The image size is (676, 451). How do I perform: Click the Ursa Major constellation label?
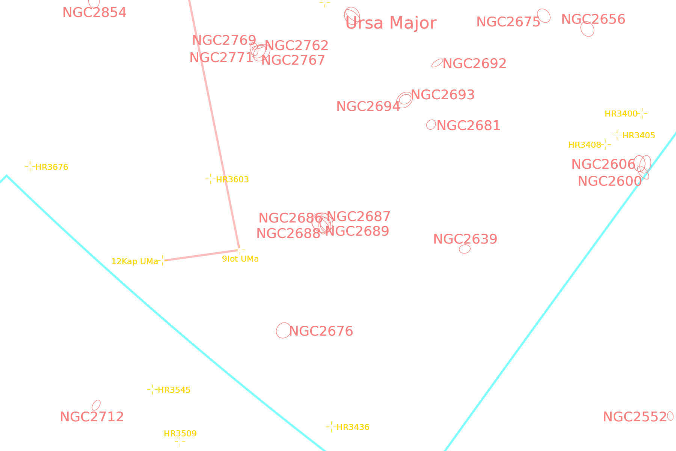pyautogui.click(x=391, y=23)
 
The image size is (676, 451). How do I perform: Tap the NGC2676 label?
pyautogui.click(x=321, y=331)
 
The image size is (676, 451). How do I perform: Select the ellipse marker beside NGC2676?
pyautogui.click(x=284, y=330)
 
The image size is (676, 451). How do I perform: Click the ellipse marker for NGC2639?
pyautogui.click(x=465, y=249)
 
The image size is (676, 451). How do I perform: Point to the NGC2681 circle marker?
pyautogui.click(x=431, y=124)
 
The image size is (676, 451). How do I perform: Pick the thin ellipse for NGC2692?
pyautogui.click(x=437, y=63)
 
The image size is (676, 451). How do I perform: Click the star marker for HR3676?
pyautogui.click(x=30, y=166)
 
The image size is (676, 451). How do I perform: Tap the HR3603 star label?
pyautogui.click(x=232, y=180)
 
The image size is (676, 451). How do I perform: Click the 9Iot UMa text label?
pyautogui.click(x=240, y=259)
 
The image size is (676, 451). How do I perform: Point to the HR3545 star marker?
pyautogui.click(x=152, y=390)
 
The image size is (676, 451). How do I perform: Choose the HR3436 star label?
pyautogui.click(x=353, y=427)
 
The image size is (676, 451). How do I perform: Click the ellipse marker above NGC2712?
pyautogui.click(x=96, y=405)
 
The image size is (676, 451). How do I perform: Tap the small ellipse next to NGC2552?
pyautogui.click(x=670, y=416)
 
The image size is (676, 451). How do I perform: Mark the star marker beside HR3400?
pyautogui.click(x=642, y=113)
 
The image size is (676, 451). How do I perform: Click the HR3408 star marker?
pyautogui.click(x=606, y=145)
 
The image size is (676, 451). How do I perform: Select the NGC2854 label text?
pyautogui.click(x=95, y=12)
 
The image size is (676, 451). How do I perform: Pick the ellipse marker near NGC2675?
pyautogui.click(x=544, y=16)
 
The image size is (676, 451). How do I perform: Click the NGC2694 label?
pyautogui.click(x=368, y=106)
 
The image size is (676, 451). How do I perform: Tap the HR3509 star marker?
pyautogui.click(x=180, y=442)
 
